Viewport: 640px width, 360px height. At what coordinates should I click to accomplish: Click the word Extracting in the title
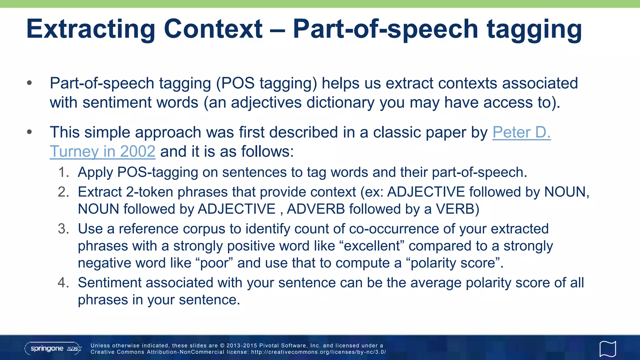point(91,29)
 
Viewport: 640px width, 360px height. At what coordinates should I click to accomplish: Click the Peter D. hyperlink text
point(521,132)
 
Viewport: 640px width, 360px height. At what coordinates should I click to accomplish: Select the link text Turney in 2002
point(102,152)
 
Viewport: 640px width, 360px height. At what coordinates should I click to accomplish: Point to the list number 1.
point(63,172)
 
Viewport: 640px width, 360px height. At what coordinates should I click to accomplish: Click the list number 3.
point(63,229)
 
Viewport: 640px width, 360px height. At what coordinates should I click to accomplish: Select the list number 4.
point(63,282)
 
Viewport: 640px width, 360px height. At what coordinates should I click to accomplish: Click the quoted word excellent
point(372,246)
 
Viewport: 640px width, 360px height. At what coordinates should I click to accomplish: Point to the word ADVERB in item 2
point(316,209)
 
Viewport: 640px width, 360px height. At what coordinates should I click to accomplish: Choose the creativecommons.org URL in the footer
point(318,352)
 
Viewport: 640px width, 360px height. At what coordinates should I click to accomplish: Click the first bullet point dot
point(30,83)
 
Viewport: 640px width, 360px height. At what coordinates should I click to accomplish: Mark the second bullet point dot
point(30,132)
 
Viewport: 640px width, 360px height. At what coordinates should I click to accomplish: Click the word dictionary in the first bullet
point(340,102)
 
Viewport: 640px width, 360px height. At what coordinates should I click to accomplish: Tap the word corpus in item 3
point(204,229)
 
